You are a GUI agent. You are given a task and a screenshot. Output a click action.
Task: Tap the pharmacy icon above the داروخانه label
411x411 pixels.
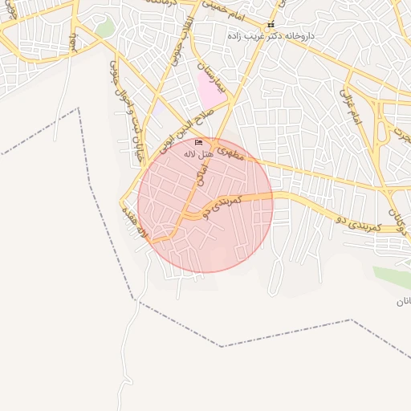(x=271, y=25)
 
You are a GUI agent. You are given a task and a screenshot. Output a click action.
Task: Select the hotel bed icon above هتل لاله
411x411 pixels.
(x=198, y=143)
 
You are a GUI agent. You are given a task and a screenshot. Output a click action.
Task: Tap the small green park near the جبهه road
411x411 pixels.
(x=103, y=30)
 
